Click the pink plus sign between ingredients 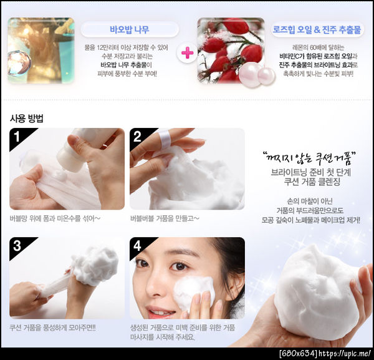tap(188, 53)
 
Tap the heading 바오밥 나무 tap(130, 29)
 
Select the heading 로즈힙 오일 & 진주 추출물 tap(317, 30)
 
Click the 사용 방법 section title tap(26, 118)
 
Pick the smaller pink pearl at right tap(266, 75)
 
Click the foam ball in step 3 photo tap(95, 266)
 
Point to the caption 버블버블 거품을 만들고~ tap(165, 218)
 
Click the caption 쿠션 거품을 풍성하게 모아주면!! tap(52, 328)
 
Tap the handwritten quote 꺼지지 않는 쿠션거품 tap(309, 157)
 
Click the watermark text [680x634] tap(299, 353)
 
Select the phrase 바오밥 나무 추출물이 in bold tap(127, 65)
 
